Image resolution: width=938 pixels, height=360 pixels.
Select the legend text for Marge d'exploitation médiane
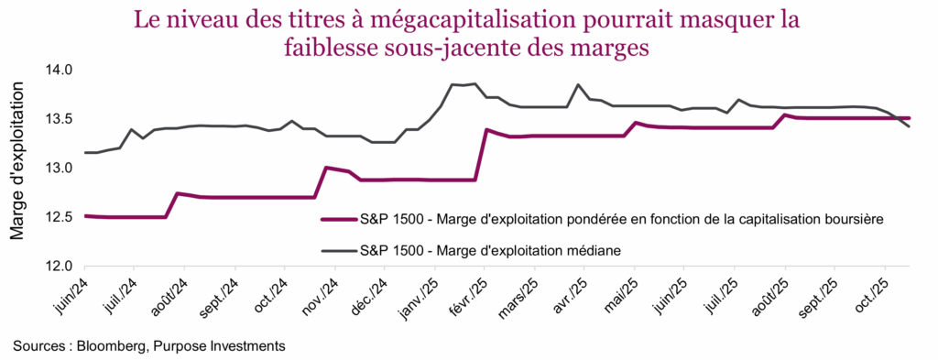point(494,249)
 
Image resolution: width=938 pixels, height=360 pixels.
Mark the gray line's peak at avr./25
point(578,84)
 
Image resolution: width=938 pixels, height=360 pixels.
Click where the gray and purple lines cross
point(899,118)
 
